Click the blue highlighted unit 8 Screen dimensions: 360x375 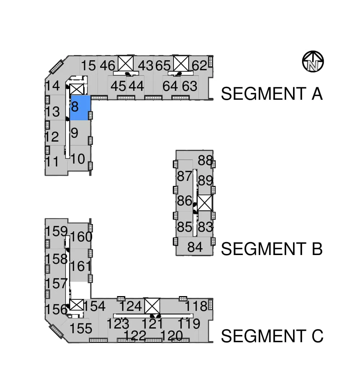[x=80, y=108]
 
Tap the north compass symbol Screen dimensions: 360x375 [x=313, y=62]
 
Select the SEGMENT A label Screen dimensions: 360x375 [x=272, y=94]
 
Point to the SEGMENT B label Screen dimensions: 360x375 [x=272, y=249]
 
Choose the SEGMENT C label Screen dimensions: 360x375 [x=272, y=336]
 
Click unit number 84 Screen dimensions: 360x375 [x=195, y=247]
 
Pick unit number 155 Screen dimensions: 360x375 [x=81, y=328]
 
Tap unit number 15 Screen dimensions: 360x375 [x=88, y=65]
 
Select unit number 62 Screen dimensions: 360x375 [x=199, y=65]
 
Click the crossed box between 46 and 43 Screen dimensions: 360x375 [x=126, y=63]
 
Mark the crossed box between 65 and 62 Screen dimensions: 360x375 [x=181, y=63]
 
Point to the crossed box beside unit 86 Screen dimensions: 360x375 [x=204, y=203]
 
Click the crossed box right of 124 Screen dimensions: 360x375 [x=152, y=305]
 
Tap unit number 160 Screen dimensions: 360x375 [x=81, y=237]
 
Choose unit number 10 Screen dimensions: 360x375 [x=77, y=159]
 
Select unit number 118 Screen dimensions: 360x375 [x=196, y=306]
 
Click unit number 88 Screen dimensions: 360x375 [x=205, y=160]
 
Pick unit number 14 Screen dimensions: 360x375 [x=52, y=86]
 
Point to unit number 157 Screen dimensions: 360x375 [x=56, y=284]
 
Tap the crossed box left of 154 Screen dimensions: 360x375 [x=76, y=305]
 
